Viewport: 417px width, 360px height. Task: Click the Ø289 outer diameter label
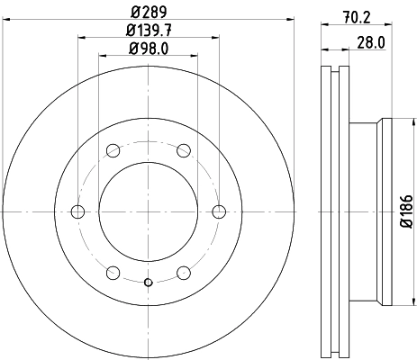pyautogui.click(x=148, y=12)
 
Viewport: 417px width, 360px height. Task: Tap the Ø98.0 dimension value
pyautogui.click(x=148, y=47)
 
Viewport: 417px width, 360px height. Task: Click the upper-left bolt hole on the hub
pyautogui.click(x=113, y=150)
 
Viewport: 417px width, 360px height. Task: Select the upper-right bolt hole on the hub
pyautogui.click(x=184, y=150)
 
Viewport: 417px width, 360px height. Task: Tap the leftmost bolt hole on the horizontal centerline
pyautogui.click(x=77, y=211)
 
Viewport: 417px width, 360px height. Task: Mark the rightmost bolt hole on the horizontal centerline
pyautogui.click(x=219, y=211)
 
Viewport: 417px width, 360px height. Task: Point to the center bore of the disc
pyautogui.click(x=148, y=211)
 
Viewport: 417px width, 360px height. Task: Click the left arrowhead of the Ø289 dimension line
pyautogui.click(x=5, y=21)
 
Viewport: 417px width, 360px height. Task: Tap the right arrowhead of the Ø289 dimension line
pyautogui.click(x=291, y=21)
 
